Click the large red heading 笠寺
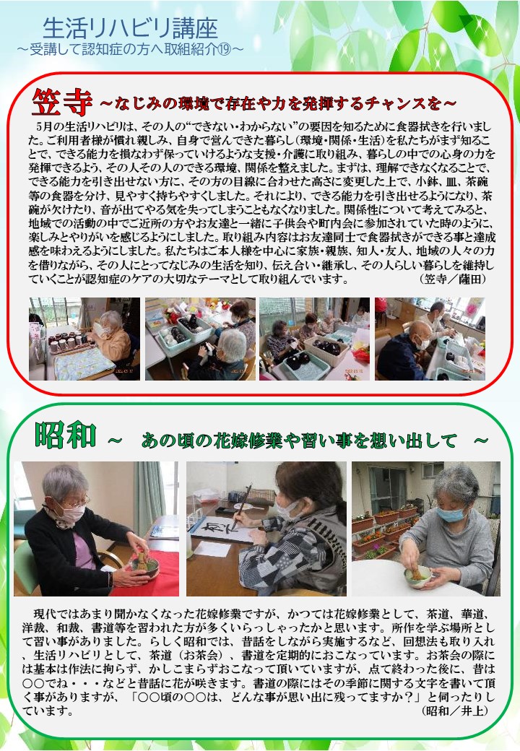62,101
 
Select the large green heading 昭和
66,435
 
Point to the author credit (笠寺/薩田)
452,279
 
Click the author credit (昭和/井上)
455,711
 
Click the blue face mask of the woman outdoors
450,514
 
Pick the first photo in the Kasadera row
84,339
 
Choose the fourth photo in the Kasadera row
430,339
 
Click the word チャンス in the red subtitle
389,103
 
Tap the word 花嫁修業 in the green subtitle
248,440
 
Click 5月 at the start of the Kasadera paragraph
43,126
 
